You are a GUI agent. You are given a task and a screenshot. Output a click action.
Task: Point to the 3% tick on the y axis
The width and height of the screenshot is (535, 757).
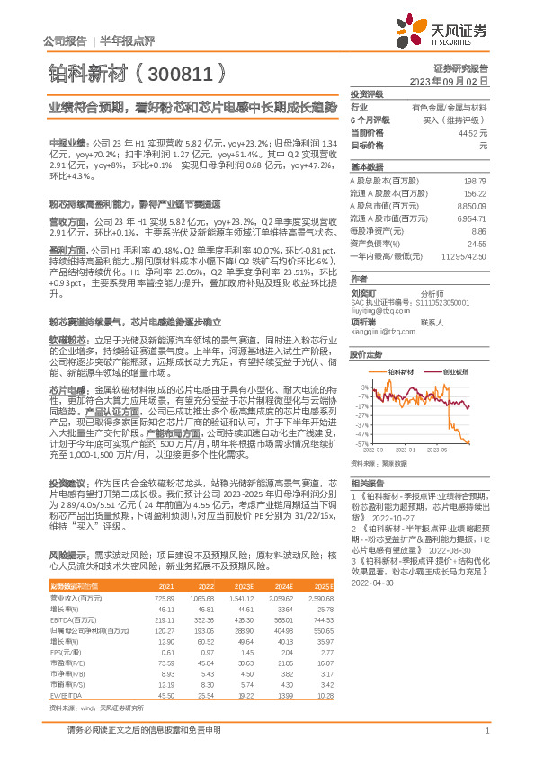pyautogui.click(x=363, y=386)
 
